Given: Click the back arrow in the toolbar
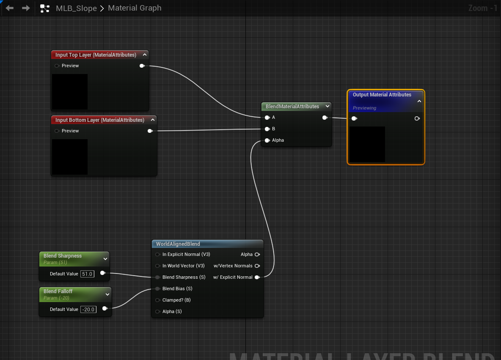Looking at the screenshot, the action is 10,8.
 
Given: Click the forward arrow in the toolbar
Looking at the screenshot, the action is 26,8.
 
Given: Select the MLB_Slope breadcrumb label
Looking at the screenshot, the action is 76,8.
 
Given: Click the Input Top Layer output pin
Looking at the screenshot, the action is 142,66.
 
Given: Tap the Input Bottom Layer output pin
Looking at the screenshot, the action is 150,131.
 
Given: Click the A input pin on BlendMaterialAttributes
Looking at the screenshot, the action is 267,118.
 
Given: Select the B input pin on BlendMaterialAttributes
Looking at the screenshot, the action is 267,129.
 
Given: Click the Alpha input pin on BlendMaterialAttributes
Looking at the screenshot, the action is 267,140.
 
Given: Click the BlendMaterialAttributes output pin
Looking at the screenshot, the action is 325,118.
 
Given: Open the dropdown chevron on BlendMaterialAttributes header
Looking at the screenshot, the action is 328,106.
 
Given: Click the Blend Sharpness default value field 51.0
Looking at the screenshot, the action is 87,274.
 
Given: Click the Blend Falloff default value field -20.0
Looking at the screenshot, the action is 88,309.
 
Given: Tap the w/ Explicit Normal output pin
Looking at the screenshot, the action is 257,277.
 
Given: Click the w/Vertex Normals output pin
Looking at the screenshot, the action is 257,266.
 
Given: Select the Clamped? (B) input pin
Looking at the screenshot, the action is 157,300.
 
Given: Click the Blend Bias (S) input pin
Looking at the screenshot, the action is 157,289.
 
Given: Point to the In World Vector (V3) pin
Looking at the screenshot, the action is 157,266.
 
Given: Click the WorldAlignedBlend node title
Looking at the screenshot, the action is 178,244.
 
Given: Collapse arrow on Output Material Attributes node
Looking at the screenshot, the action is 419,101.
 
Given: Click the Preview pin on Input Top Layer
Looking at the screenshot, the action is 57,66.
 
